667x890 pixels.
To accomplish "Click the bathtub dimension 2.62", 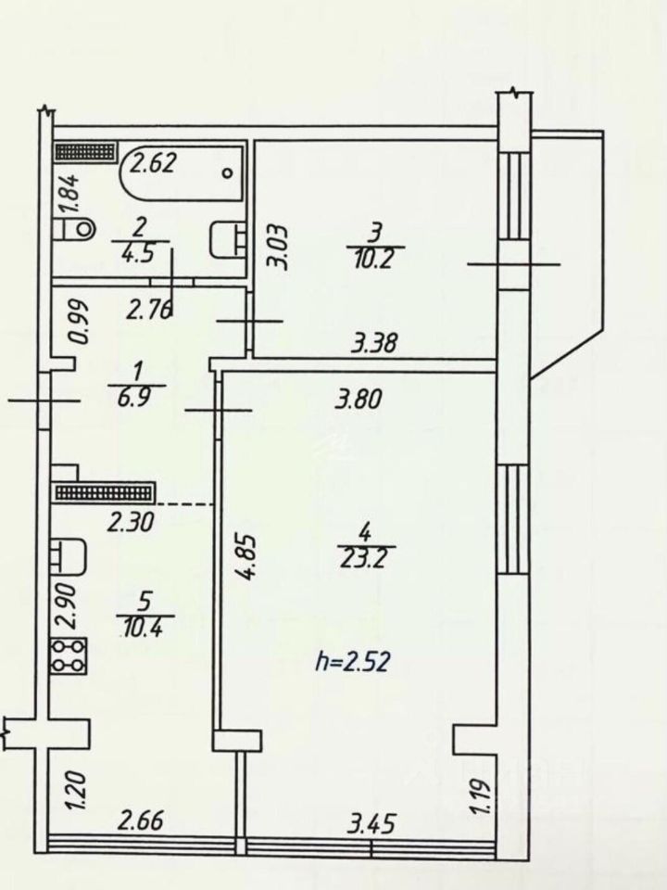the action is click(155, 163).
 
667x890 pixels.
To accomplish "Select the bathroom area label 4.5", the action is click(141, 252).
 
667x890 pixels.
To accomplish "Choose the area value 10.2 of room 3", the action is click(377, 259).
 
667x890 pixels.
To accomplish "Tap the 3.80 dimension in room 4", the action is click(359, 399).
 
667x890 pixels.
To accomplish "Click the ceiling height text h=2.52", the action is click(352, 662).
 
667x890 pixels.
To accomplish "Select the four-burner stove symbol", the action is click(69, 656).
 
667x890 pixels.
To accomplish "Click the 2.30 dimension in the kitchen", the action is click(131, 521).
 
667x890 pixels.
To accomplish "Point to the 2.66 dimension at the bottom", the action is click(141, 820).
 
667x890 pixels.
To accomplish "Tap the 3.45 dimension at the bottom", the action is click(371, 823).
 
